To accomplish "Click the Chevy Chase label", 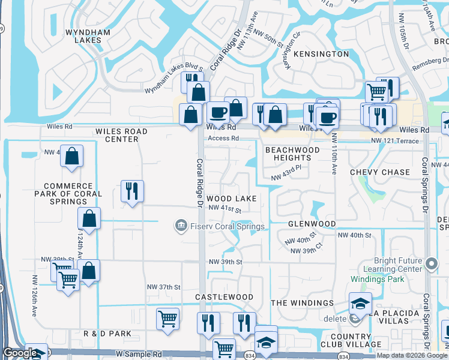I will click(380, 172).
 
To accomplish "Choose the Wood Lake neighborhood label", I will click(232, 199).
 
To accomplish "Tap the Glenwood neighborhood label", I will click(312, 224).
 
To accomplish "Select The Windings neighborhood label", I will click(302, 303).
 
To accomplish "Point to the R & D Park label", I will click(107, 333).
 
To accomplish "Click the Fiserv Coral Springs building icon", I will click(180, 226).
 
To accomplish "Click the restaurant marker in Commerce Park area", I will click(131, 191).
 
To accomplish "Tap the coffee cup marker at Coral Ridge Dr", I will click(217, 112).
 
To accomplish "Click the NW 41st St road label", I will click(225, 209).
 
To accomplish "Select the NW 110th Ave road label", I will click(334, 160).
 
